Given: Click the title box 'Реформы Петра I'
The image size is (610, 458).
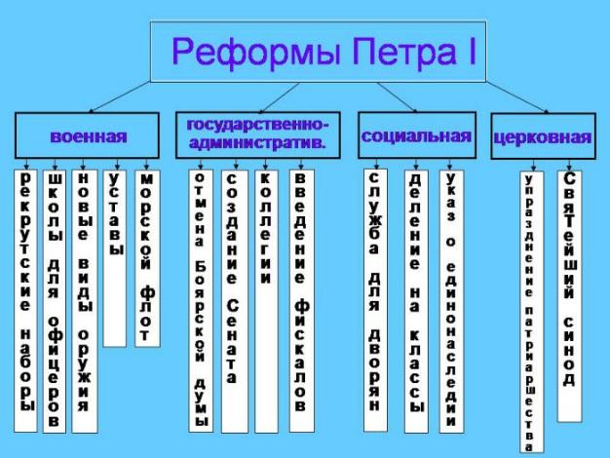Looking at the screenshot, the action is [x=318, y=52].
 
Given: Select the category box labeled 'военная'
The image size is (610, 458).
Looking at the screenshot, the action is [x=87, y=135].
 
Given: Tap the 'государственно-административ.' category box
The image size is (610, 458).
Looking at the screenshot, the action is [x=258, y=135].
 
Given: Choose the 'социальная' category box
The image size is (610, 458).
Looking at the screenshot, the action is [x=417, y=135].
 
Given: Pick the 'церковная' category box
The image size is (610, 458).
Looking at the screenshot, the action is [x=543, y=135].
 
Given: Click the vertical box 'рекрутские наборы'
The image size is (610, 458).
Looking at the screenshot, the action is [x=25, y=301].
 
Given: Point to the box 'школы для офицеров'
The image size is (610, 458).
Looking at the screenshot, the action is [x=55, y=301].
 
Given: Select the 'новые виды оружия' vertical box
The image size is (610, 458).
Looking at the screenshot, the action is [x=85, y=301].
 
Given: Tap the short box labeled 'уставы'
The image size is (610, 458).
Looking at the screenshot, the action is [x=115, y=258].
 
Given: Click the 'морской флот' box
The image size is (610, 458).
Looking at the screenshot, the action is [x=147, y=258].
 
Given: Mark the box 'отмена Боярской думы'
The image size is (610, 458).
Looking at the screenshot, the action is [x=201, y=301].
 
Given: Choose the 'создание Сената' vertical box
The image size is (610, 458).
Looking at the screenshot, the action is [x=235, y=301].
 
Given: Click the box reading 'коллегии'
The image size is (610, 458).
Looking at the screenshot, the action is [x=266, y=301].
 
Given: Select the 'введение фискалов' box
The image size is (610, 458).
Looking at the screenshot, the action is [x=301, y=301].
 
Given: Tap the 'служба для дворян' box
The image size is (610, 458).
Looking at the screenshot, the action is [x=375, y=300].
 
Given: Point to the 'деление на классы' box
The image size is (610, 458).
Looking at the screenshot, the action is [x=416, y=301].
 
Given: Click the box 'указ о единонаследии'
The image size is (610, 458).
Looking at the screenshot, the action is [x=451, y=301].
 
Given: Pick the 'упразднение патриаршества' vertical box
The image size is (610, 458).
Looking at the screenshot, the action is [x=532, y=312].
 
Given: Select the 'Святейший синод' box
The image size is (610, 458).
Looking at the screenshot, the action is [x=569, y=296].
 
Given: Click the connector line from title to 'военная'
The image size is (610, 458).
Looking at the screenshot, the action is [x=121, y=96].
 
